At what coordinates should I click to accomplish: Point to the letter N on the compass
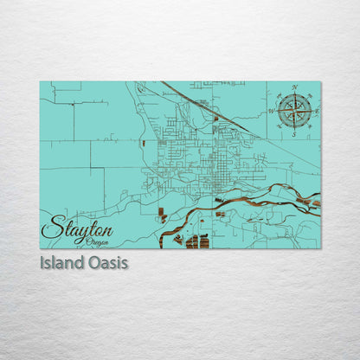point(295,88)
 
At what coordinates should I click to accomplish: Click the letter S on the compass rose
point(295,134)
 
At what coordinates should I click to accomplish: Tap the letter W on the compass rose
point(272,112)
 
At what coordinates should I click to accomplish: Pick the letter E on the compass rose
point(317,111)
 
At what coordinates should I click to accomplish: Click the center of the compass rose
point(294,111)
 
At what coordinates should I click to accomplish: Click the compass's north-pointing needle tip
point(295,94)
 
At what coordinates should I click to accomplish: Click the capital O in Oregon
point(80,242)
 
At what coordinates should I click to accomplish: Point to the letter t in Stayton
point(88,229)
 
